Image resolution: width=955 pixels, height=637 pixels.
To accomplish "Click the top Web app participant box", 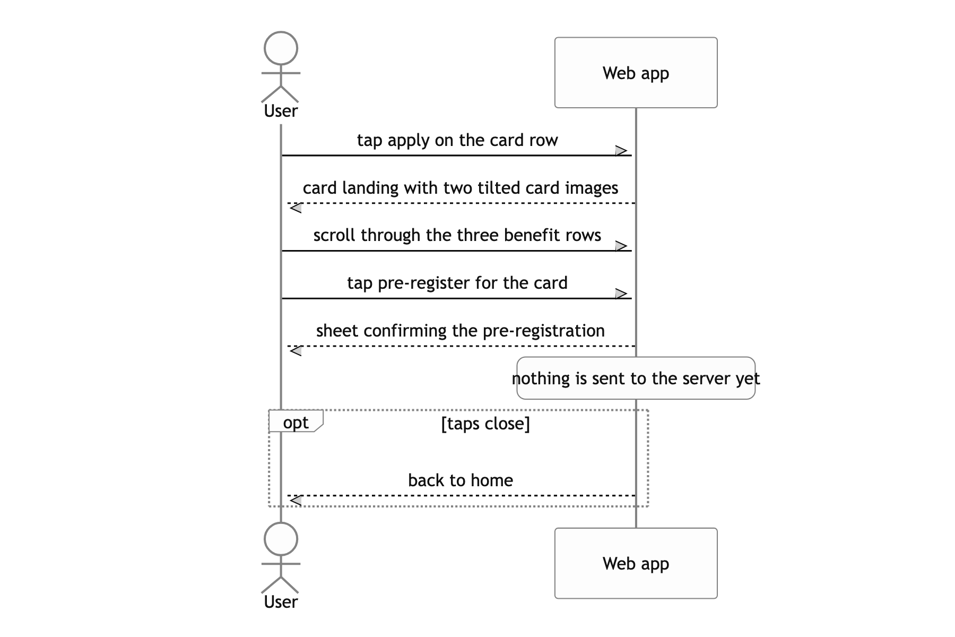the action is [636, 73].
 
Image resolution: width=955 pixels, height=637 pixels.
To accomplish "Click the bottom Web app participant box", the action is [636, 563].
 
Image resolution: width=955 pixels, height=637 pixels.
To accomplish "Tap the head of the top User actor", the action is [281, 48].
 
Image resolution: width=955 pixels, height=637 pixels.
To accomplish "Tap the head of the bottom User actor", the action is [281, 539].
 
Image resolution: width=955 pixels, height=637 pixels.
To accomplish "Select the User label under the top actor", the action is [281, 111].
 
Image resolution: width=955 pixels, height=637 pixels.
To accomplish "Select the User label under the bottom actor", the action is [281, 602].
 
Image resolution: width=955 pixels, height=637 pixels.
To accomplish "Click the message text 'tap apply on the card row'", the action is [457, 140].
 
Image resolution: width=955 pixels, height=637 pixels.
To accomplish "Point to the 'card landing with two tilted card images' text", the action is [461, 188].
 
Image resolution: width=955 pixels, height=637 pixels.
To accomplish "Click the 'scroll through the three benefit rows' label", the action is [457, 235].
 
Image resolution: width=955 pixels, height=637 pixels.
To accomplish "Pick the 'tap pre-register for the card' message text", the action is [457, 283].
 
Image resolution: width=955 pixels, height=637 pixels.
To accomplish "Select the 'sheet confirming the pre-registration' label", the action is [461, 331].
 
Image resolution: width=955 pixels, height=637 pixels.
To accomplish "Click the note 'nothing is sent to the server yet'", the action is [636, 378].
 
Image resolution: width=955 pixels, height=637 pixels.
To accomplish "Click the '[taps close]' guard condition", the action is [485, 424].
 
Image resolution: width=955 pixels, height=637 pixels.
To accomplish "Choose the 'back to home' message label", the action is [461, 480].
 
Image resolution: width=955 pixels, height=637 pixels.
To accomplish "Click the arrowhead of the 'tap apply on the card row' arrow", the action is [622, 151].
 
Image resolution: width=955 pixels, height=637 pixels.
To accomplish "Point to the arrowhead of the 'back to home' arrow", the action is [296, 500].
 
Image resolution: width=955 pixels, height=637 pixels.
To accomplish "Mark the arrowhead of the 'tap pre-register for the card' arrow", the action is [622, 294].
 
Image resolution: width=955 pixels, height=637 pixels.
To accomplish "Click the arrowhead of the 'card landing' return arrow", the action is [296, 208].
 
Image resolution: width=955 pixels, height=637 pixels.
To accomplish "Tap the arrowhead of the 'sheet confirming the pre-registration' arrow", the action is [296, 351].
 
